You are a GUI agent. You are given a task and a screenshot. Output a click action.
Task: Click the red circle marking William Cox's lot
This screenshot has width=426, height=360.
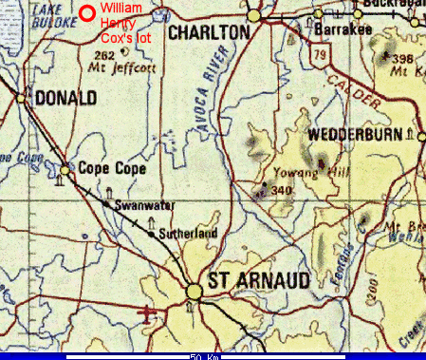click(87, 13)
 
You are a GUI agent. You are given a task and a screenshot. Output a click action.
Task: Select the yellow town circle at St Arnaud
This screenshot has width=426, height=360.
click(194, 289)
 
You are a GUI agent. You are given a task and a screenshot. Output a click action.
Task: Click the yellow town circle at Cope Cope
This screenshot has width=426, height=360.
click(65, 171)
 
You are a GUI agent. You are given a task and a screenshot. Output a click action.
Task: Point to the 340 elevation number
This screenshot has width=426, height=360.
click(280, 191)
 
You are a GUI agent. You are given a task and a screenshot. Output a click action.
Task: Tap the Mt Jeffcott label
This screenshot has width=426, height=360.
click(134, 69)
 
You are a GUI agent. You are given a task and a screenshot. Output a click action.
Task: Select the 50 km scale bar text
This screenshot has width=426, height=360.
click(205, 357)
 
